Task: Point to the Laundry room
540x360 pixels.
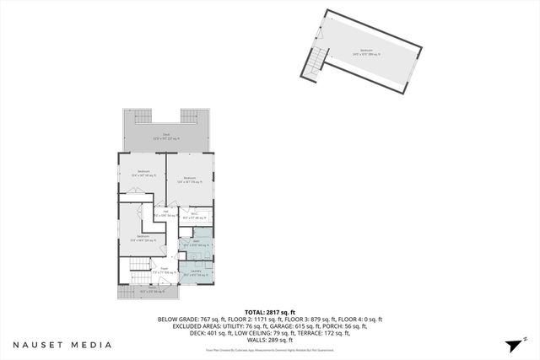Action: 196,271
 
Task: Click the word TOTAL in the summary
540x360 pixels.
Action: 256,311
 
